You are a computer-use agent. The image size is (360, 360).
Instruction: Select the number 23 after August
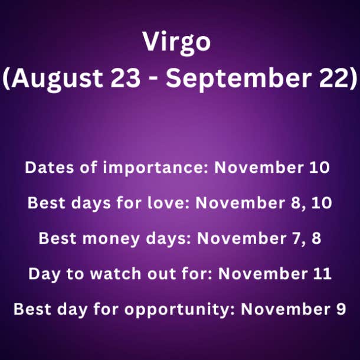coord(125,77)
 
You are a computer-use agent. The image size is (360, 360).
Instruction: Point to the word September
coord(239,78)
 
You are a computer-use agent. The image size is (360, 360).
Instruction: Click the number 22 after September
coord(334,77)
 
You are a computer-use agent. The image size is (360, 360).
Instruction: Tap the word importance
coord(155,168)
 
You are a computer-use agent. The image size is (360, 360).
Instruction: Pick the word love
coord(168,203)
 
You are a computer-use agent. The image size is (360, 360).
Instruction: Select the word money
coord(111,238)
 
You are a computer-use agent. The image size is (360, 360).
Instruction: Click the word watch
coord(116,274)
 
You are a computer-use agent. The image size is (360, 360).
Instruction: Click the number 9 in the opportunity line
coord(341,309)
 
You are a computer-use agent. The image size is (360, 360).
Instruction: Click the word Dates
coord(50,168)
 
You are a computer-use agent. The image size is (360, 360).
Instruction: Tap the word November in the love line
coord(240,203)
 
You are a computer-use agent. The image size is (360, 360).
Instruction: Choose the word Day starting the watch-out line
coord(45,274)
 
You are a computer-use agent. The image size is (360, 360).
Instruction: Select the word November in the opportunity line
coord(286,309)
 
